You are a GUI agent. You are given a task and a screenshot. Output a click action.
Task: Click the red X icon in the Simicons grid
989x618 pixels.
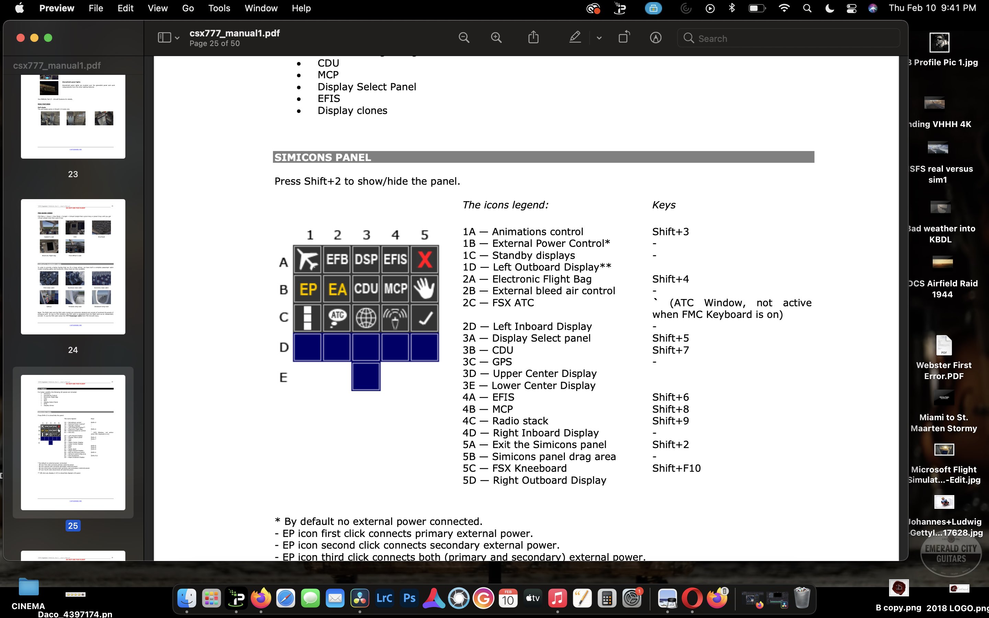[424, 259]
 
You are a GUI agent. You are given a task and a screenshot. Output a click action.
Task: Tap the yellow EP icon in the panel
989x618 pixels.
[308, 289]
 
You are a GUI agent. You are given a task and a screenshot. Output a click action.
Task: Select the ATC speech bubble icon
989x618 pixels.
[337, 317]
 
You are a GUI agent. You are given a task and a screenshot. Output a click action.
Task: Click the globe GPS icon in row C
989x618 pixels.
[366, 317]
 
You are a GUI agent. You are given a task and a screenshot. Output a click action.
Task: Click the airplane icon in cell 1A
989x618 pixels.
[308, 259]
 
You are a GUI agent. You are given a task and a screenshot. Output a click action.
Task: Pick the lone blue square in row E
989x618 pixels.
[366, 376]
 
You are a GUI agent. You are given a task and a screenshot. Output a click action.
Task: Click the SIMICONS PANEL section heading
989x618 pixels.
[323, 157]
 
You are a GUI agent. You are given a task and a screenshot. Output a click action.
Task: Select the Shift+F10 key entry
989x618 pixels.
[676, 468]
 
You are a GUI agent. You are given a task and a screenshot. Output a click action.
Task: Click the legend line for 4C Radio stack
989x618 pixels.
[505, 421]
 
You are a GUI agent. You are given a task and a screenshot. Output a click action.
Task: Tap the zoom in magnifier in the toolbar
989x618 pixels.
[496, 38]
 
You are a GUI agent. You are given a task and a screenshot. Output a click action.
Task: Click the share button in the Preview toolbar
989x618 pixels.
[533, 38]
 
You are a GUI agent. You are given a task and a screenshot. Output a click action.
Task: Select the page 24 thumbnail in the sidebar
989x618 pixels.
[73, 266]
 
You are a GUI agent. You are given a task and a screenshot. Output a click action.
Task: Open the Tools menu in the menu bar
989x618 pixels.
[219, 8]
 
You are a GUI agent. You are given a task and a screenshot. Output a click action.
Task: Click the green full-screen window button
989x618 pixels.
[48, 38]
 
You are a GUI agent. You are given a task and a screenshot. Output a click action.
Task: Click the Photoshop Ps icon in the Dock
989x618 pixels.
[409, 599]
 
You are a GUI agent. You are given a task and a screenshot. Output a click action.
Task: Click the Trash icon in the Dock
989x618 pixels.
[802, 599]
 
